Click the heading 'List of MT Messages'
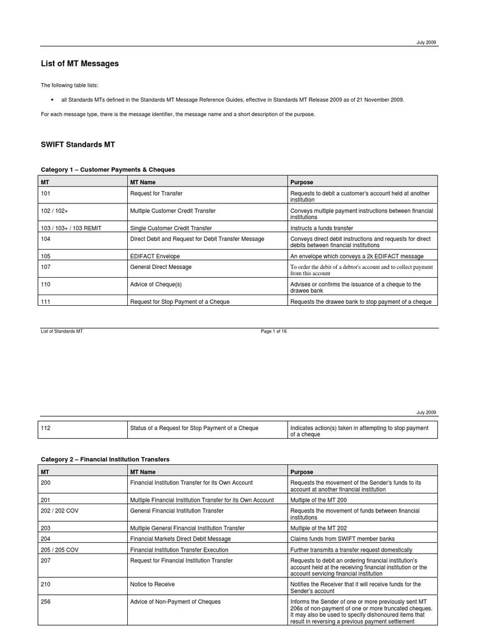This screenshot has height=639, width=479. [79, 64]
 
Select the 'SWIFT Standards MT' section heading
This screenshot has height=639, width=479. [77, 144]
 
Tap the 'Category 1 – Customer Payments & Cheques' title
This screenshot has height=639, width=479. [108, 169]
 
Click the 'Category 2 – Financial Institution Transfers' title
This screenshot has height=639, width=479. [105, 459]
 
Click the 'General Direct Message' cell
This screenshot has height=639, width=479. [160, 266]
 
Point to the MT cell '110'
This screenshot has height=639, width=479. [46, 284]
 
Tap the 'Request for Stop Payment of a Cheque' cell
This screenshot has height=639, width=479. [179, 301]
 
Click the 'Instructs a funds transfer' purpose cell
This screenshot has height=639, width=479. [321, 228]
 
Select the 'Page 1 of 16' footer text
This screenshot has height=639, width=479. [274, 331]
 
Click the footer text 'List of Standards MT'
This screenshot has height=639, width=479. [62, 331]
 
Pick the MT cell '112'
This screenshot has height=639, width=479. [46, 427]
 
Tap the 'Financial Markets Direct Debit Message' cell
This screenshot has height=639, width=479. [180, 539]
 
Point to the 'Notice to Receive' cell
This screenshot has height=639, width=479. [152, 584]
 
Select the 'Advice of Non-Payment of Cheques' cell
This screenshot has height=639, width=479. [175, 602]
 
